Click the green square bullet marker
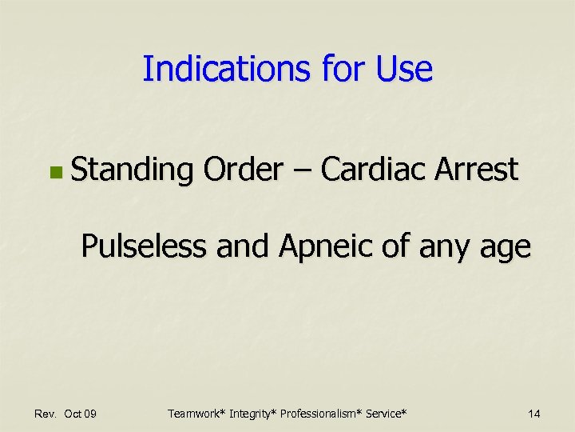54,171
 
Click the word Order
243,169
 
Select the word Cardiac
373,169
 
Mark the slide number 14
534,414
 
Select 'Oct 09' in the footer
81,414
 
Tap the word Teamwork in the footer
196,414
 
